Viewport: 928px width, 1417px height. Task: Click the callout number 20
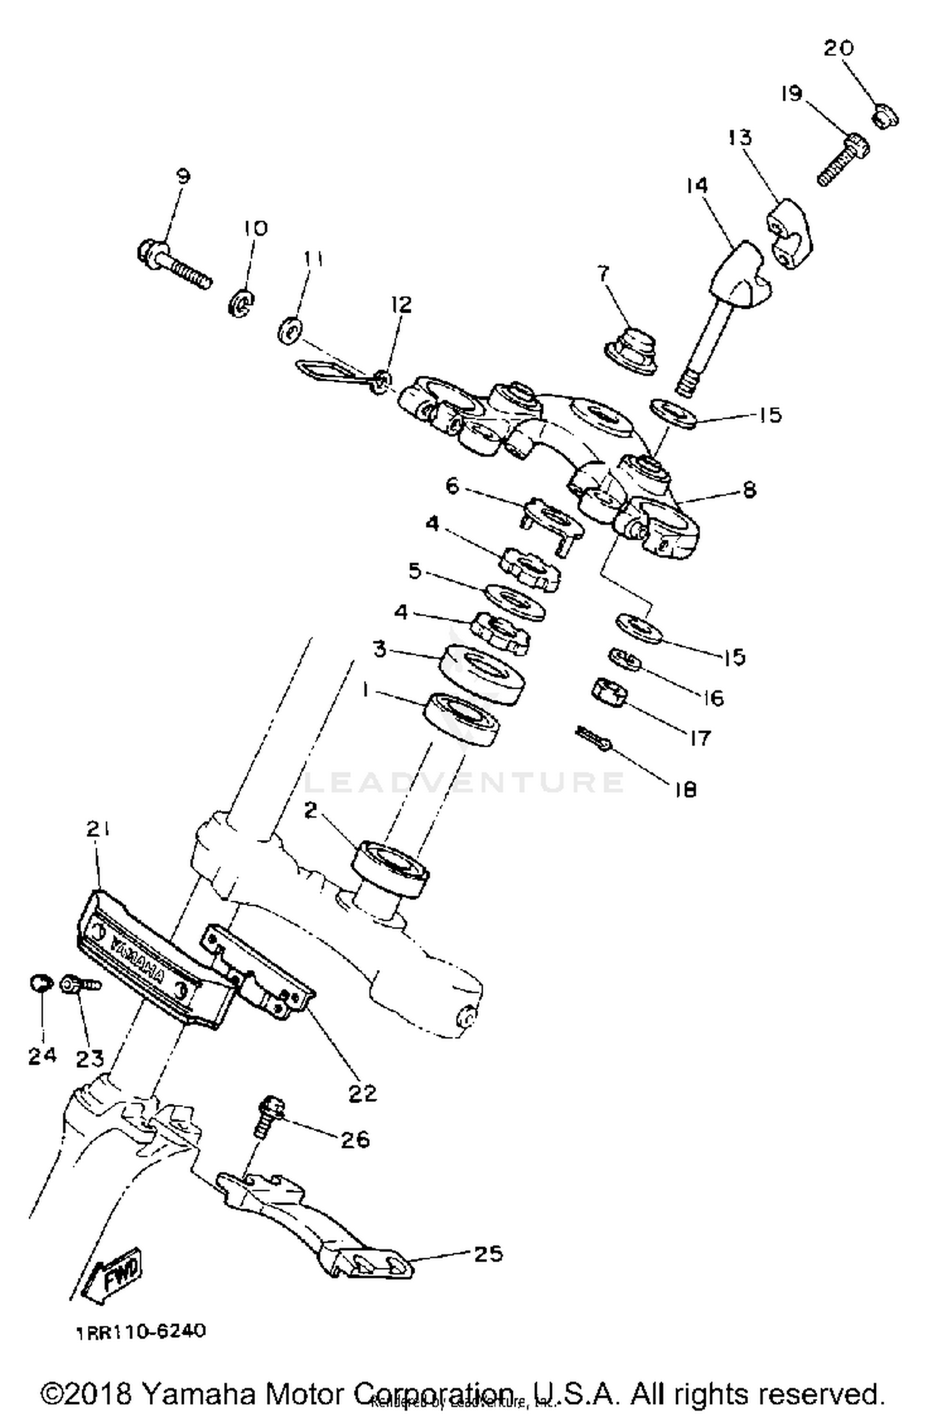click(838, 48)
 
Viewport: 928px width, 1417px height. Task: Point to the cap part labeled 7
click(631, 350)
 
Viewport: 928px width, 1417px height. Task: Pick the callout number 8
click(749, 490)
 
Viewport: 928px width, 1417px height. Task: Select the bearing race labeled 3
click(483, 674)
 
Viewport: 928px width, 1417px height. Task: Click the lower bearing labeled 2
click(390, 867)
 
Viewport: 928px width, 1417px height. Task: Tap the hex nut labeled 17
click(610, 692)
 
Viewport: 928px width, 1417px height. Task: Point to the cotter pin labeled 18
click(594, 739)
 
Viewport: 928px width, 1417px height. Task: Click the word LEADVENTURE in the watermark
click(464, 782)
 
